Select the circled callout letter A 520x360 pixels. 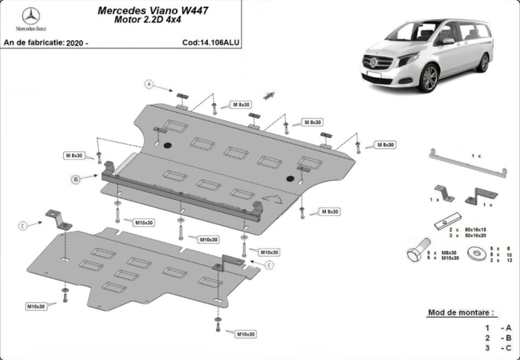pos(149,85)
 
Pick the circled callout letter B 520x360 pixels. pos(75,179)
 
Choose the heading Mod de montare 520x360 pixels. pos(460,312)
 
